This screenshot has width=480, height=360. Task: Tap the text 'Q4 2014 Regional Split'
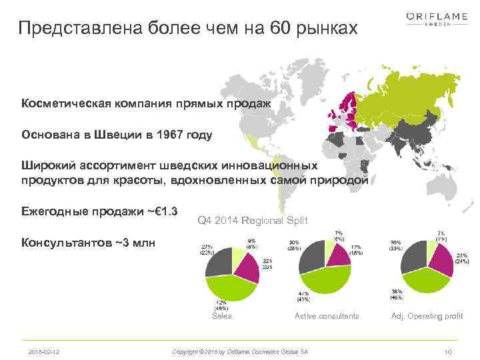coord(253,220)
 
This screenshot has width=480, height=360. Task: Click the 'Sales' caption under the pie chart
coord(221,316)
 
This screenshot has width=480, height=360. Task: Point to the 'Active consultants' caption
coord(327,316)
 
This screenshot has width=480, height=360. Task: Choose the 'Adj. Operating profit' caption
coord(427,316)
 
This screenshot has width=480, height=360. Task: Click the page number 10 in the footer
coord(448,351)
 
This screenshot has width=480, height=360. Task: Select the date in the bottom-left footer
coord(43,351)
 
